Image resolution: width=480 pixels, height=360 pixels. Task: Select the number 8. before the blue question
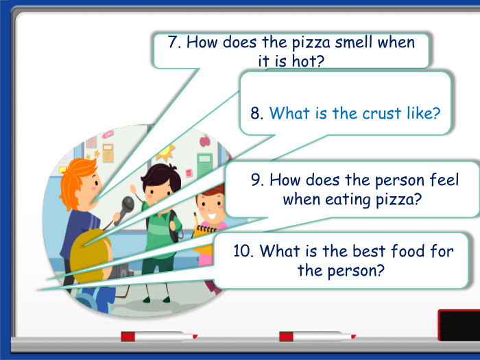(x=257, y=113)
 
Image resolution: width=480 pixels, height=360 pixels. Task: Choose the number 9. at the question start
(x=258, y=180)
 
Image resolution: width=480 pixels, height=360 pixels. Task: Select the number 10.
(x=244, y=251)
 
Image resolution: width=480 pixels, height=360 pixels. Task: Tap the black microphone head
(x=128, y=204)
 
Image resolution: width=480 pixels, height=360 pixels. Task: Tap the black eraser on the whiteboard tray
(x=459, y=324)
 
